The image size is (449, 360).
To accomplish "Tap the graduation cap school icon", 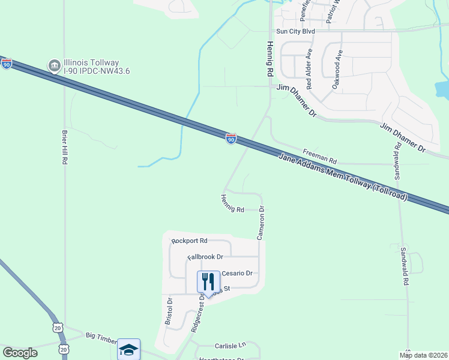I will point(128,349).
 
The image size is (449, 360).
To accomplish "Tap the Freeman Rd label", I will point(321,157).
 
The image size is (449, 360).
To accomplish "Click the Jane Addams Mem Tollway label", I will point(343,177).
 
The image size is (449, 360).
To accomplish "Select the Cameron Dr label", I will point(261,223).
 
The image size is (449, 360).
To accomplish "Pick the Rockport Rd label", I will point(189,241).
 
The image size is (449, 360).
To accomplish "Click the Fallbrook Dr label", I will point(205,257).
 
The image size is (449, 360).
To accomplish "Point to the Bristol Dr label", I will point(169,311).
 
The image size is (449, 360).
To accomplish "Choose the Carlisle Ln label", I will point(231,346).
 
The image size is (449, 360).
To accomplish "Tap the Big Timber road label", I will point(100,337).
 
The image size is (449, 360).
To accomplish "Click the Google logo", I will point(20,353).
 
